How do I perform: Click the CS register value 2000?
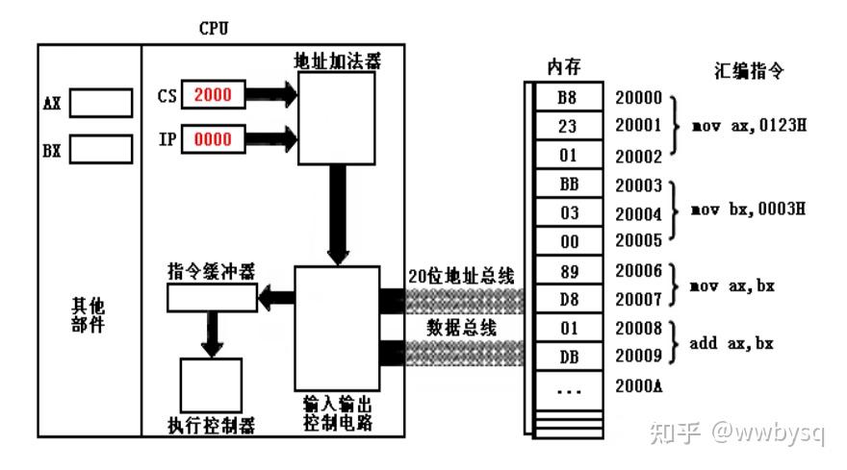pos(213,95)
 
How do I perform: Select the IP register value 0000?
pos(213,139)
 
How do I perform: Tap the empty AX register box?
pos(100,103)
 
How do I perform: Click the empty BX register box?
pos(100,150)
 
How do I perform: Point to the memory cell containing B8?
pos(568,97)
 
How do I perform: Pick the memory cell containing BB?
pos(568,184)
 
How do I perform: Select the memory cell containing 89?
pos(568,270)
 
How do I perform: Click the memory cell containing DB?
pos(568,356)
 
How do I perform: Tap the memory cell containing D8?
pos(568,299)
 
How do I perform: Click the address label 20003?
pos(639,184)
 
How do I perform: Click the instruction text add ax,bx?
pos(731,342)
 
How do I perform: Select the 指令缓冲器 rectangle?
pos(212,298)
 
